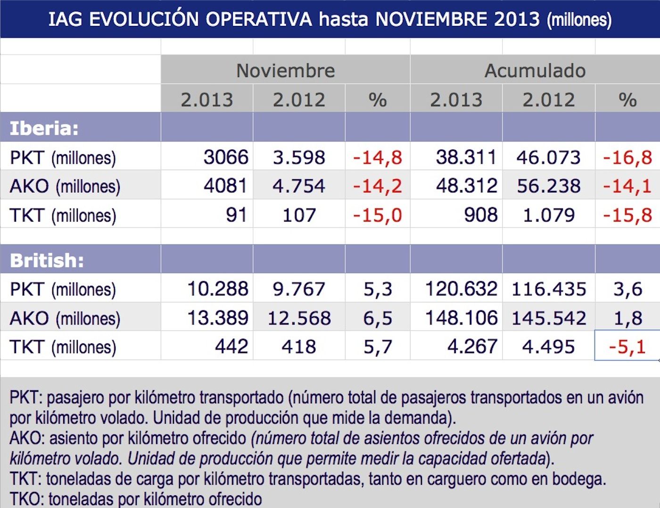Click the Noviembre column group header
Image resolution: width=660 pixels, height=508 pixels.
[285, 71]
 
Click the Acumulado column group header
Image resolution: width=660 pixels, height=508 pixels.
[535, 71]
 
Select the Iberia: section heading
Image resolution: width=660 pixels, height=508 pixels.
[44, 128]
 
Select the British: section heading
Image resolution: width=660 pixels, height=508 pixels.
[47, 260]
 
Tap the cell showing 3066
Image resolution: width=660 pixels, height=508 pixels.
[225, 157]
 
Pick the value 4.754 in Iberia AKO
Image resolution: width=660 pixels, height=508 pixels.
[299, 186]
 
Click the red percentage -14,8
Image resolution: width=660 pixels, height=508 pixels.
[378, 157]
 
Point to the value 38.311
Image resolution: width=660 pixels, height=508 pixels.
[466, 157]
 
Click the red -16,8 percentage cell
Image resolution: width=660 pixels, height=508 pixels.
[627, 157]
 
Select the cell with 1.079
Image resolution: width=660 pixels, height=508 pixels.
[549, 215]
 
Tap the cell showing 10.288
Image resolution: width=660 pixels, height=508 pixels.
[217, 289]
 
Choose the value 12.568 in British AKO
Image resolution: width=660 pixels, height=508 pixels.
[299, 318]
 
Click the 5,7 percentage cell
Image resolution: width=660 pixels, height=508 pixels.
[378, 347]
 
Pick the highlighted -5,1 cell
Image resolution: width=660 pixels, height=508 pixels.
[627, 347]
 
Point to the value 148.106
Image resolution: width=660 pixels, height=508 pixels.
[461, 318]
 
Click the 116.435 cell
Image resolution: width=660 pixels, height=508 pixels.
[549, 289]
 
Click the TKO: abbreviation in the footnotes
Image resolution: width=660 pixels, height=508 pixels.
[26, 499]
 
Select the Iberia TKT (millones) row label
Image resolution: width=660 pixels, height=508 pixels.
[63, 216]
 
